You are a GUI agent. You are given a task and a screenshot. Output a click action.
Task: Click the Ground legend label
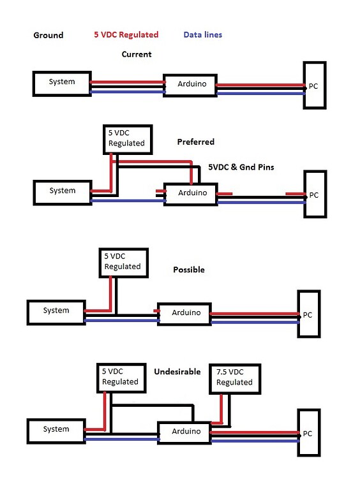[x=49, y=35]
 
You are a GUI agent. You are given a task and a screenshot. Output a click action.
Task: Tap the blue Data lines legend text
[x=202, y=34]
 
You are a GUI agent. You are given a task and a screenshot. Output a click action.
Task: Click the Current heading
[x=137, y=54]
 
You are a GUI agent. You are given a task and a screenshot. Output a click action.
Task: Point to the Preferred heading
[x=195, y=142]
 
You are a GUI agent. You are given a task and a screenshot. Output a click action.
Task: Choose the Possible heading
[x=189, y=270]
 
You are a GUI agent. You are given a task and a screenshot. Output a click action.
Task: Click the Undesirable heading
[x=177, y=371]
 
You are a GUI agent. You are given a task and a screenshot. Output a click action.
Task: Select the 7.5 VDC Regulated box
[x=234, y=378]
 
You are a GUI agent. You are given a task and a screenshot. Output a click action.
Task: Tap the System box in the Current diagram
[x=62, y=83]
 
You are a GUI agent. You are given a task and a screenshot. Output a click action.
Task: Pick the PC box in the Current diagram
[x=314, y=85]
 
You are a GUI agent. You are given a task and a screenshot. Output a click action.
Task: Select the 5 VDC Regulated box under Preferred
[x=126, y=139]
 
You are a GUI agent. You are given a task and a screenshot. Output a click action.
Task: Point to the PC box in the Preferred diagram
[x=314, y=194]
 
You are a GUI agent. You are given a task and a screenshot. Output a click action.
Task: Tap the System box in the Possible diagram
[x=56, y=311]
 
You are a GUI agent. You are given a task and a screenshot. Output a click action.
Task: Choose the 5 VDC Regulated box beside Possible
[x=123, y=261]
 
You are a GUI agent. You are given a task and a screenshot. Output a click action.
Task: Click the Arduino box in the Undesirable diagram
[x=186, y=432]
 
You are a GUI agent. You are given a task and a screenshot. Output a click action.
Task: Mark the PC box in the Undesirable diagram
[x=308, y=433]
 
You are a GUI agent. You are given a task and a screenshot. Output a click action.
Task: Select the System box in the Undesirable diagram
[x=56, y=430]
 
